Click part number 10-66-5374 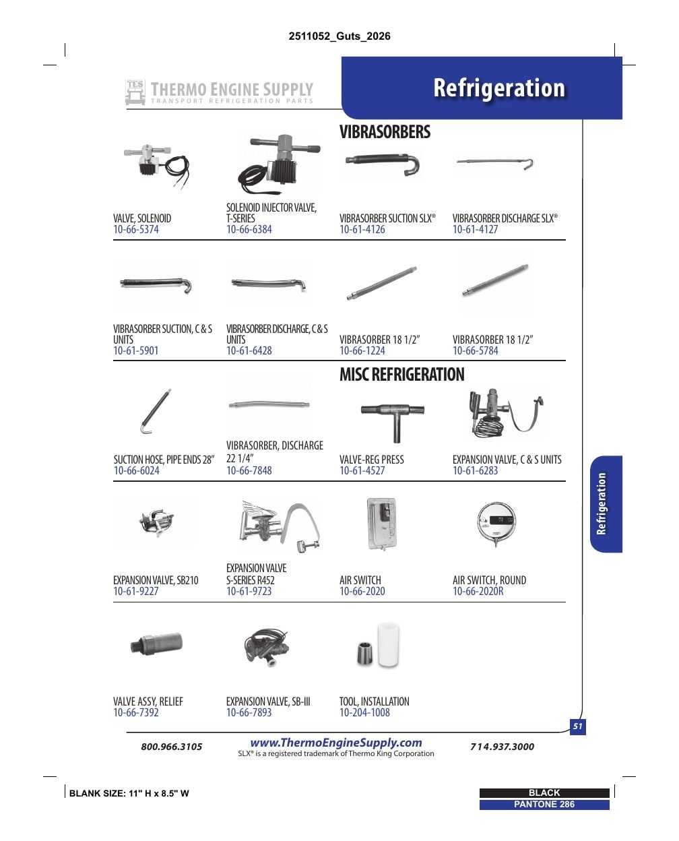point(135,229)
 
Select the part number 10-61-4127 point(475,229)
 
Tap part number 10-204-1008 point(364,712)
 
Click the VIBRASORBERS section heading point(385,132)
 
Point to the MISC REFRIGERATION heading point(401,374)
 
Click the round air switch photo point(496,523)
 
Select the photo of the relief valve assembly point(156,644)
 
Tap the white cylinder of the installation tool point(388,644)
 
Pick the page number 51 point(577,726)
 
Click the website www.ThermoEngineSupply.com point(336,743)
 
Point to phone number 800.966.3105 point(172,746)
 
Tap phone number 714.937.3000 point(503,746)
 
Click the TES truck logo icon point(135,92)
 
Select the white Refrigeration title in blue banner point(499,88)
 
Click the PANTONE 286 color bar point(544,805)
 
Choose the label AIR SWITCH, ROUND point(489,580)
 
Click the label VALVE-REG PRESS point(372,460)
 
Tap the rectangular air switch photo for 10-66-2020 point(381,524)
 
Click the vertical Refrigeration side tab point(601,504)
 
